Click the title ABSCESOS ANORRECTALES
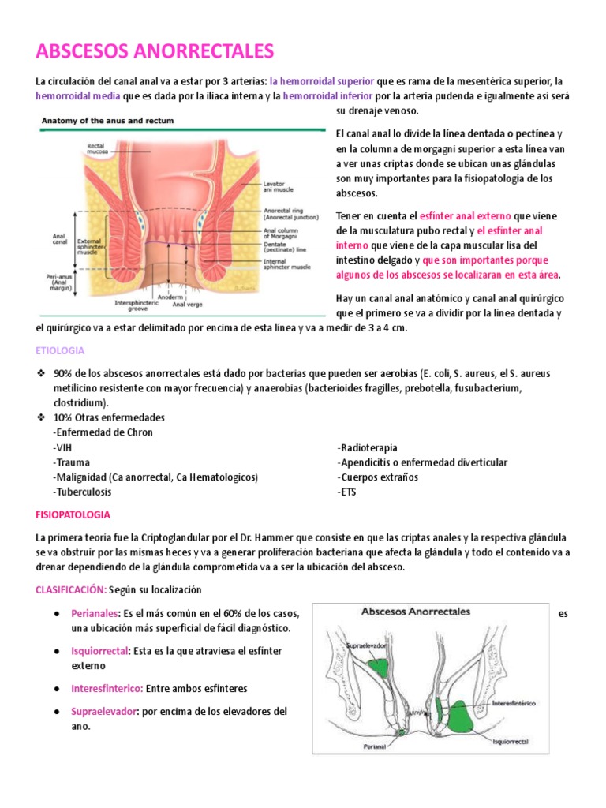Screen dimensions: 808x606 pos(155,52)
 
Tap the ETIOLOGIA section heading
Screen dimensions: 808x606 pos(60,350)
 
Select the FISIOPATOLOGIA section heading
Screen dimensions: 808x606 pos(73,514)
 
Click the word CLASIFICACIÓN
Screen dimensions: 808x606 pos(70,589)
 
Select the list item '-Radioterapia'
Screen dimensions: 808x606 pos(367,447)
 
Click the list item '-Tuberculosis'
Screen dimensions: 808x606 pos(82,492)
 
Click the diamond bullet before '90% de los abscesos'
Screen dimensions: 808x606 pos(42,373)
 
